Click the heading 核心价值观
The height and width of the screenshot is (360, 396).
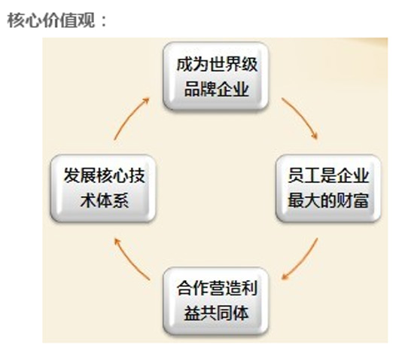(x=51, y=20)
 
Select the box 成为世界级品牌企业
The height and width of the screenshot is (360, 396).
(x=216, y=76)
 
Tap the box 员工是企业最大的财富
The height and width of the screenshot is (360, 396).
(x=328, y=188)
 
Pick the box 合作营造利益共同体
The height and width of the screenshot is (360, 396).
(x=216, y=301)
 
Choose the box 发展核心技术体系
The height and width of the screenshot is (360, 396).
(x=103, y=188)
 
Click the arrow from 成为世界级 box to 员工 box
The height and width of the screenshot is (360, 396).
(x=302, y=116)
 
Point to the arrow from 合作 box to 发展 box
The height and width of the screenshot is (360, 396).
(x=129, y=261)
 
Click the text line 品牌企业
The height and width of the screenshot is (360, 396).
(x=216, y=89)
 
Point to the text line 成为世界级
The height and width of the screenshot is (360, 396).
(x=217, y=64)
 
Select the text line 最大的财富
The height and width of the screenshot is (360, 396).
(x=328, y=200)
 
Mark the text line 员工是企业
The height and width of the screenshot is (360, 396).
(x=328, y=175)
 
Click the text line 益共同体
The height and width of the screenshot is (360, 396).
(x=216, y=313)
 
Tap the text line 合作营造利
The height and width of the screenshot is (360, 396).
(x=217, y=288)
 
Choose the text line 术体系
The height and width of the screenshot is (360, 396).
(x=105, y=200)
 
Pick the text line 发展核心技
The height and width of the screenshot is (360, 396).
(x=105, y=175)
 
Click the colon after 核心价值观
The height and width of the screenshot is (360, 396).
(x=104, y=21)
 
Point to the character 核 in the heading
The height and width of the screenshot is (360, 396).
(x=16, y=20)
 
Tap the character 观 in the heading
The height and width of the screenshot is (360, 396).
(x=87, y=20)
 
